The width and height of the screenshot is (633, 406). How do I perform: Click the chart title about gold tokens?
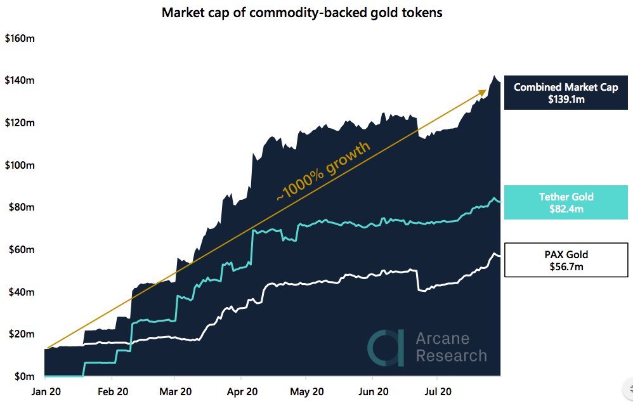(x=302, y=13)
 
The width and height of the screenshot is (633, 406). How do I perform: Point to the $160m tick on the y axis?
(x=19, y=39)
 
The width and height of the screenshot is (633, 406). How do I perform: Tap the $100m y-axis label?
(x=19, y=166)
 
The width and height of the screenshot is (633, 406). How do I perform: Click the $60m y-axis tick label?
(x=19, y=250)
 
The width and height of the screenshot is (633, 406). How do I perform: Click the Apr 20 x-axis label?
(x=242, y=392)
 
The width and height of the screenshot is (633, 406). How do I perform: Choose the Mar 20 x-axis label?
(x=175, y=392)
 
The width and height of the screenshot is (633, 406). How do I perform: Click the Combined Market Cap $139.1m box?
(x=565, y=93)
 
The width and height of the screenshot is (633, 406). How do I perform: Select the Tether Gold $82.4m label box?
(x=565, y=202)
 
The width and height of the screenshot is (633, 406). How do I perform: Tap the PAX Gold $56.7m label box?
(x=565, y=259)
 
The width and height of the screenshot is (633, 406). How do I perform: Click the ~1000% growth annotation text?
(x=323, y=172)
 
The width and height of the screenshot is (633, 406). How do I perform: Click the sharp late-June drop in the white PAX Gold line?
(x=417, y=280)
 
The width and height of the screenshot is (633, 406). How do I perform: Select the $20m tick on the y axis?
(x=19, y=334)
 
